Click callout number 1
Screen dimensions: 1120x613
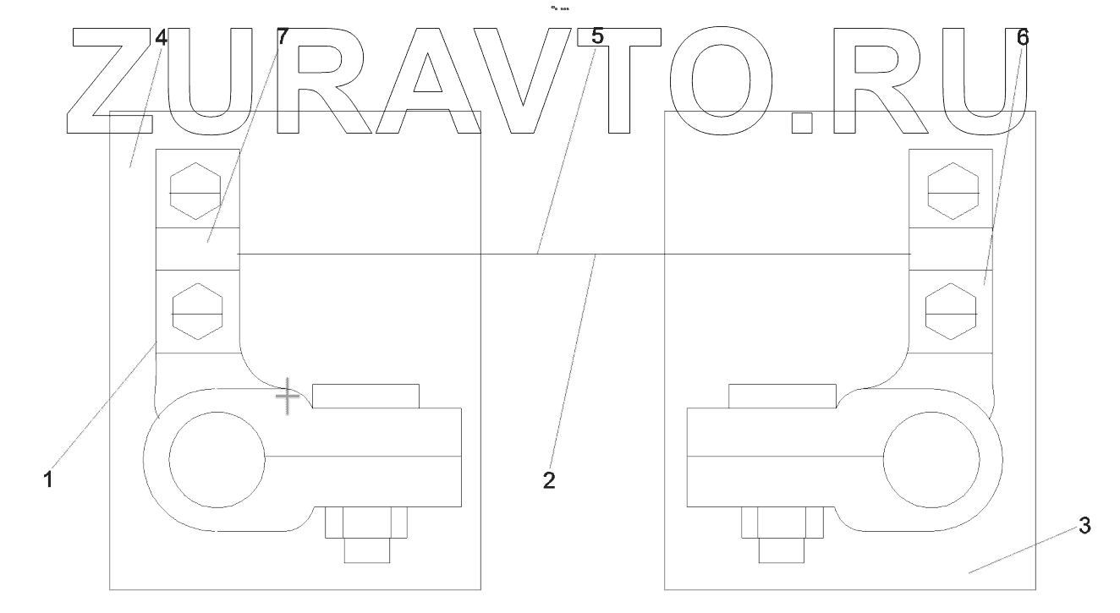(48, 479)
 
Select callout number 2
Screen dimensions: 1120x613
(549, 480)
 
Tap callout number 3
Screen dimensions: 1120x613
(1084, 526)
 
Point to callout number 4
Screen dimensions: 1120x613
(161, 38)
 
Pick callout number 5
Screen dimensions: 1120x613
(597, 37)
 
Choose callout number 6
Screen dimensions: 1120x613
(1023, 38)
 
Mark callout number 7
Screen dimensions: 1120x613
(283, 38)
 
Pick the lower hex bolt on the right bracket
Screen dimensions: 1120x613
(952, 311)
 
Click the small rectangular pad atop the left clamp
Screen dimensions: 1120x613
(365, 396)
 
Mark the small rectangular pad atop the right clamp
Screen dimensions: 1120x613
(782, 396)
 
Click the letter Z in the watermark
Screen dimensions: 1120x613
(109, 82)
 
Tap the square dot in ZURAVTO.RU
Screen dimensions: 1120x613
(801, 123)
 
